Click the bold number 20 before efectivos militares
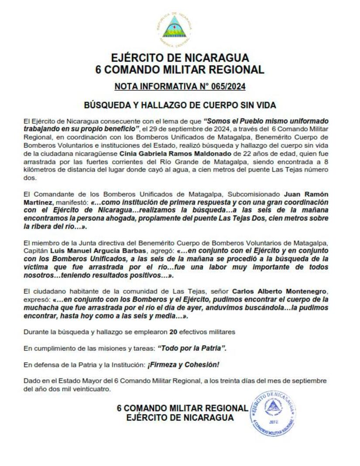[173, 332]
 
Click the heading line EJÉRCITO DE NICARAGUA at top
[180, 58]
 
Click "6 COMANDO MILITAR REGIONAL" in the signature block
[182, 408]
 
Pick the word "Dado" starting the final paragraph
[31, 380]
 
